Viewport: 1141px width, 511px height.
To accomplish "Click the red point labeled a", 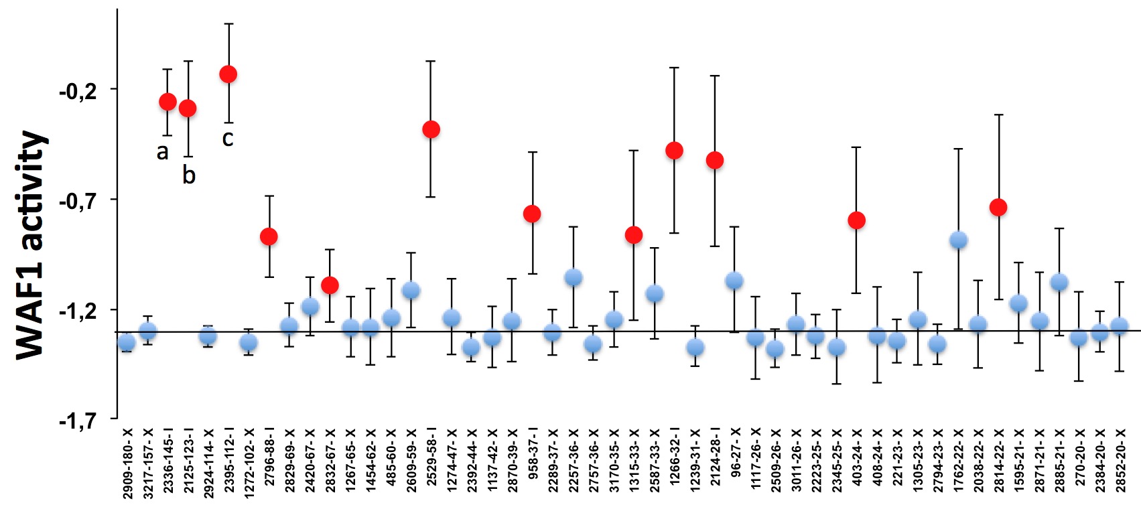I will (x=167, y=102).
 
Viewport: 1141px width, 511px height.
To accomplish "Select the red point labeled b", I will (x=188, y=108).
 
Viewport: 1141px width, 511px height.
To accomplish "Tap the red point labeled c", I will (x=228, y=74).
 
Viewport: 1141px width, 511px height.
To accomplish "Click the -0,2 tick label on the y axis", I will (x=79, y=91).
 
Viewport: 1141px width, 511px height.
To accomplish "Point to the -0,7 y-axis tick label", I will (x=79, y=201).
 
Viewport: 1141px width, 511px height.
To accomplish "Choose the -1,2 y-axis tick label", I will (x=79, y=311).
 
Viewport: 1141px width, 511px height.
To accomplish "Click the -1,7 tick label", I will (x=79, y=421).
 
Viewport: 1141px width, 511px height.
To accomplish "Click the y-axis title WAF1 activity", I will (x=31, y=244).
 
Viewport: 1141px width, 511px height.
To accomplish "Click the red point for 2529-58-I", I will (x=431, y=129).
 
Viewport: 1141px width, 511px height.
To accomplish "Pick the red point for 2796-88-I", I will (x=269, y=236).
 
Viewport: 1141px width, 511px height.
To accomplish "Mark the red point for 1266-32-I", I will (x=674, y=151).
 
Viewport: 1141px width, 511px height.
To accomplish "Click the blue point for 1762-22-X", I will (x=958, y=240).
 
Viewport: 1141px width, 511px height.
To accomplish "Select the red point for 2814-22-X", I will (x=998, y=208).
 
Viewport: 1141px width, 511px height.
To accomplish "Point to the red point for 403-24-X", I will (x=856, y=220).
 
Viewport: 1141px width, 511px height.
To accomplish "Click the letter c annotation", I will (x=228, y=139).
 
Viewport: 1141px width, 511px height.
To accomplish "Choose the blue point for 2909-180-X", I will (x=127, y=343).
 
